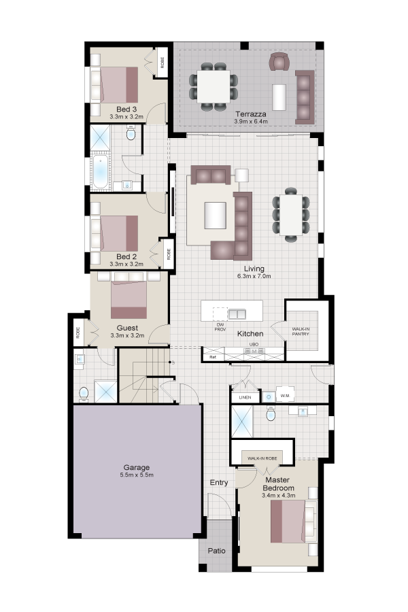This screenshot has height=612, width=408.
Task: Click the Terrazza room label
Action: click(x=251, y=114)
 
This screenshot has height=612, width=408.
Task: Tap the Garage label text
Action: click(x=136, y=467)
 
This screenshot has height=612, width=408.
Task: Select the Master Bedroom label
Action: click(x=278, y=484)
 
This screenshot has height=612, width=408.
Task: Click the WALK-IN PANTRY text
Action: click(x=301, y=332)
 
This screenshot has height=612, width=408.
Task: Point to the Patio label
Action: click(x=216, y=551)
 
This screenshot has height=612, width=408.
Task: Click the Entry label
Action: click(x=219, y=482)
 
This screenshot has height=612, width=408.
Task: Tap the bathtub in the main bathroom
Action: click(x=101, y=172)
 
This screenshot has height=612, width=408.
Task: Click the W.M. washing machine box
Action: click(x=285, y=396)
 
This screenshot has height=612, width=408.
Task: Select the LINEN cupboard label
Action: click(x=245, y=397)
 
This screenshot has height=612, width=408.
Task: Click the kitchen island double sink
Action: click(x=237, y=313)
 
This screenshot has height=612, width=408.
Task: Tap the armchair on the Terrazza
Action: click(x=279, y=62)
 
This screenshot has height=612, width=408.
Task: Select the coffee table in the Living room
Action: click(x=215, y=215)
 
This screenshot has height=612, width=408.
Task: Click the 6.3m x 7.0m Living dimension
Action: click(x=254, y=276)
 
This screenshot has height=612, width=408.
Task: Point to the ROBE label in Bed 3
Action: click(x=162, y=63)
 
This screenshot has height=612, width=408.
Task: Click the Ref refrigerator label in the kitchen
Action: click(x=212, y=357)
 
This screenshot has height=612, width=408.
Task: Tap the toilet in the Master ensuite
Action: click(x=271, y=413)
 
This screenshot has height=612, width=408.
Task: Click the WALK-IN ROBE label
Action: click(x=262, y=458)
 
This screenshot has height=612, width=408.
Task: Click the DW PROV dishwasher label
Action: click(x=220, y=327)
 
